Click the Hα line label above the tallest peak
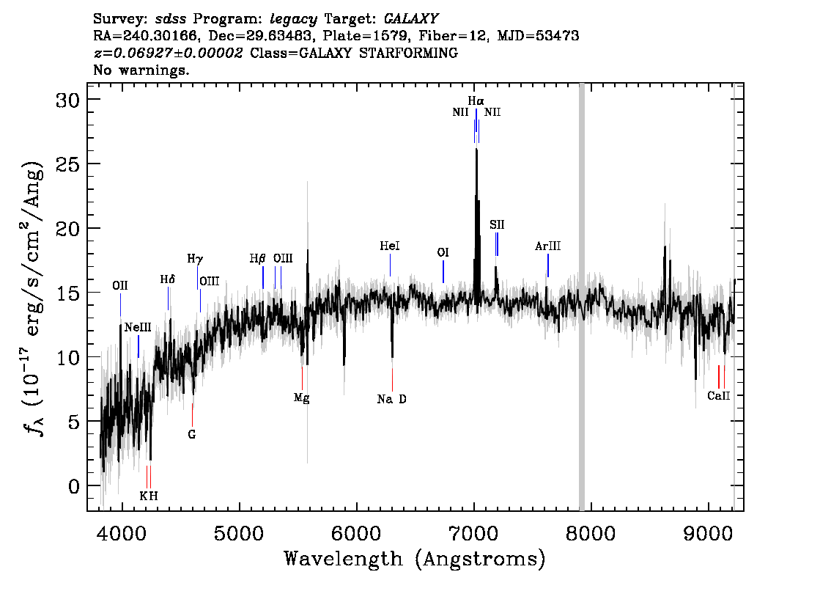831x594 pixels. coord(476,100)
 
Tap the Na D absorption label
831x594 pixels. coord(391,399)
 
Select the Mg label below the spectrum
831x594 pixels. coord(302,397)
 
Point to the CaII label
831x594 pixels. coord(719,396)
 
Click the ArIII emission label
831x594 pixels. coord(547,246)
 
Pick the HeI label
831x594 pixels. coord(390,246)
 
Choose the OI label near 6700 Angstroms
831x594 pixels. coord(443,252)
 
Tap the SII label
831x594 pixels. coord(497,225)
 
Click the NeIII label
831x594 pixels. coord(138,328)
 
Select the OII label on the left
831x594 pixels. coord(120,286)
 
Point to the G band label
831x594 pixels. coord(192,434)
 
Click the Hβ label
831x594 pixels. coord(257,259)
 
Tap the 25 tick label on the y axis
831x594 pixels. coord(68,164)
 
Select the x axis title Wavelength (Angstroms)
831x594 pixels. coord(415,559)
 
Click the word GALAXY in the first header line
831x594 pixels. coord(410,19)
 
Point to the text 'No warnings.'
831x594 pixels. coord(141,70)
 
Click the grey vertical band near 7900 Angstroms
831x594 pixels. coord(581,297)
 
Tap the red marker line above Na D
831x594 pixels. coord(392,380)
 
